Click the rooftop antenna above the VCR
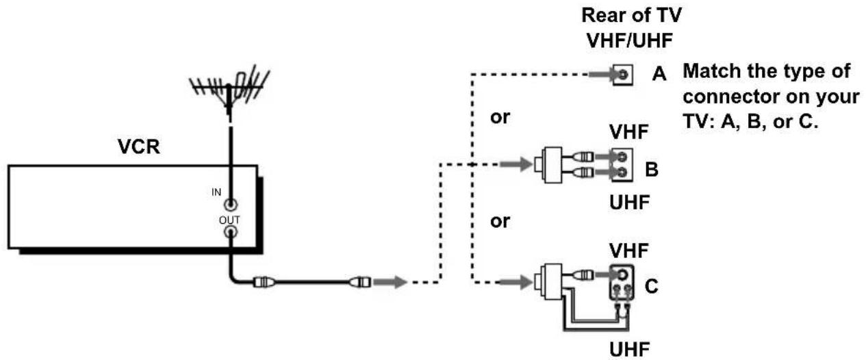click(x=229, y=91)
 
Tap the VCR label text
click(x=138, y=146)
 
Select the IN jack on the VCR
click(x=231, y=204)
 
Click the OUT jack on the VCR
click(x=231, y=232)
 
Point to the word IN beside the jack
click(x=216, y=192)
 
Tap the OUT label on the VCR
click(x=229, y=220)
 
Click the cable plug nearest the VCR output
click(x=264, y=282)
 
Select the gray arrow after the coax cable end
click(x=390, y=282)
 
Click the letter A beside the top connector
click(x=659, y=73)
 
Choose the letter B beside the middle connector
click(x=652, y=169)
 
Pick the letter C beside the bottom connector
click(x=652, y=287)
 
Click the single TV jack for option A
click(x=623, y=75)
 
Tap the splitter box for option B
click(x=549, y=165)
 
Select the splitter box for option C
click(x=549, y=282)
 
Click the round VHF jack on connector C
click(x=622, y=274)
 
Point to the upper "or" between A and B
click(x=500, y=117)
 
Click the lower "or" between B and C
click(x=500, y=222)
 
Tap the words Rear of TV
click(x=631, y=16)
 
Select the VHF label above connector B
click(x=629, y=132)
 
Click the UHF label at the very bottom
click(x=629, y=350)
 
